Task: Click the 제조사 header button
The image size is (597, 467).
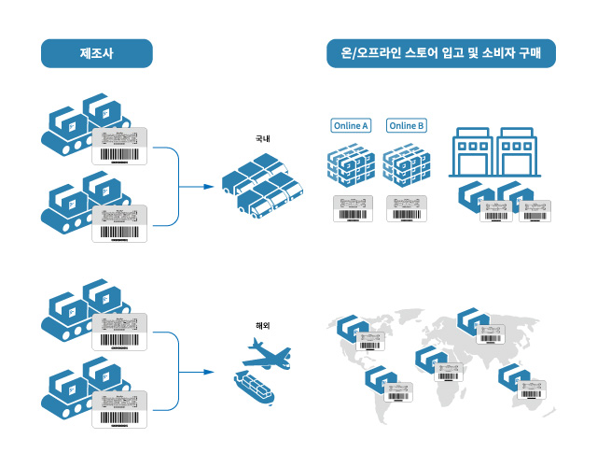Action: pos(96,53)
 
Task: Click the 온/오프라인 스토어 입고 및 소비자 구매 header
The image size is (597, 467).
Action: pos(441,53)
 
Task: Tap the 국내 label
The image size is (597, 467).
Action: pos(262,139)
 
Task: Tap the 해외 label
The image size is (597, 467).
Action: pos(262,325)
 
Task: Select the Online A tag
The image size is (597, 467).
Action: pos(351,125)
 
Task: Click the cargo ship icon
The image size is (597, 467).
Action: pos(253,385)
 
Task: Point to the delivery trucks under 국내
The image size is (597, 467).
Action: pos(262,187)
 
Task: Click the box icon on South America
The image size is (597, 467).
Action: pos(378,378)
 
